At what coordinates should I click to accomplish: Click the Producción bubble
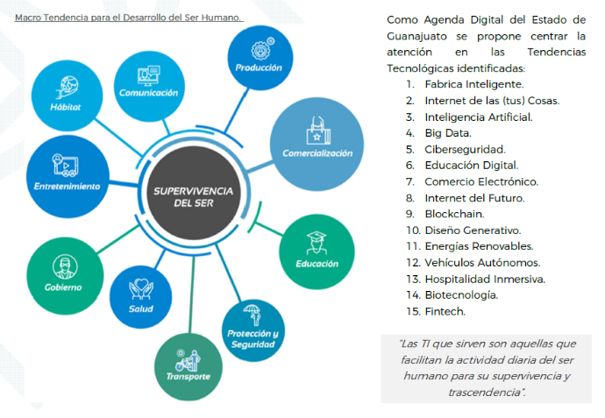click(x=259, y=57)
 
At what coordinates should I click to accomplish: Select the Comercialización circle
click(x=317, y=140)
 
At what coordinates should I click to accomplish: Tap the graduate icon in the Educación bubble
click(x=317, y=242)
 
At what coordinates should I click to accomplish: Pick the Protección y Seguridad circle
click(x=253, y=329)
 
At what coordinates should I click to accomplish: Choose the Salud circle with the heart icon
click(x=140, y=296)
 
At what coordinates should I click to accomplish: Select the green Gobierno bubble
click(x=64, y=274)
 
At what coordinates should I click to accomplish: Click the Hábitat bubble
click(x=67, y=95)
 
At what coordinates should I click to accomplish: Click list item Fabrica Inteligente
click(x=473, y=84)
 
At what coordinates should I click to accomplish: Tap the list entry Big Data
click(x=448, y=132)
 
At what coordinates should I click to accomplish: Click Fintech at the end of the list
click(x=445, y=311)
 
